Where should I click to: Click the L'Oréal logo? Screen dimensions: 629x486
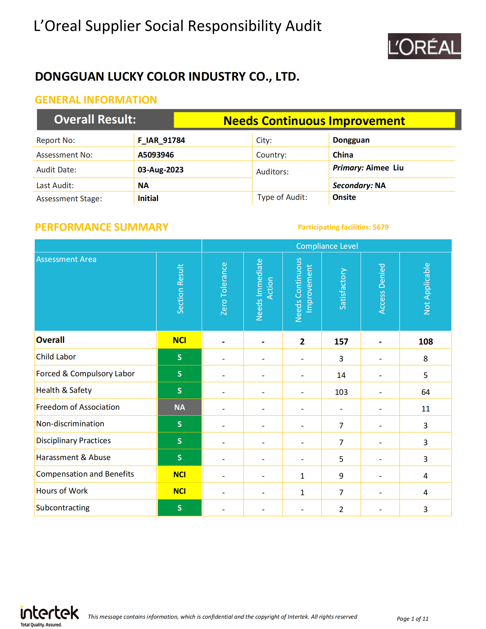tap(424, 46)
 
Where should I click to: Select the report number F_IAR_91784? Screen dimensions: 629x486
tap(161, 140)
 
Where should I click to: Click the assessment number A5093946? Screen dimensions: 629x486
tap(156, 155)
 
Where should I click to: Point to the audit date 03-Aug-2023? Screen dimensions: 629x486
tap(160, 170)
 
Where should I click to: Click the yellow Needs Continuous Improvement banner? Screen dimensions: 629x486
tap(314, 120)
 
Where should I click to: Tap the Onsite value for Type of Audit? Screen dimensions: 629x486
tap(344, 197)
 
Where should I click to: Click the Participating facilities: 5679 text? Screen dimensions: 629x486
tap(343, 227)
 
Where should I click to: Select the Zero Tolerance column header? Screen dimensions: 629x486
tap(224, 288)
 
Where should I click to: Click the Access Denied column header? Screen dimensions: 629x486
tap(381, 288)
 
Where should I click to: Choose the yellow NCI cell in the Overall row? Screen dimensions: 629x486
tap(179, 340)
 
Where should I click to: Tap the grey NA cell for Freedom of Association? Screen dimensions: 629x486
tap(179, 407)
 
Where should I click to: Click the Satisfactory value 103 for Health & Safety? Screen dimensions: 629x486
tap(341, 392)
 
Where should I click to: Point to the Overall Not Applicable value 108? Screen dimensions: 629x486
tap(426, 342)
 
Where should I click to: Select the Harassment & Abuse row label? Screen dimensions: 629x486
tap(73, 457)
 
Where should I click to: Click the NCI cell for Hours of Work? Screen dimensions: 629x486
tap(179, 491)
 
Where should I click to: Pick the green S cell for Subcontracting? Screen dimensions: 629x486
tap(179, 508)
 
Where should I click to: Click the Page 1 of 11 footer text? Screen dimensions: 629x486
tap(412, 619)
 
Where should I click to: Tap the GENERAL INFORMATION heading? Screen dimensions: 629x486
tap(96, 100)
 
